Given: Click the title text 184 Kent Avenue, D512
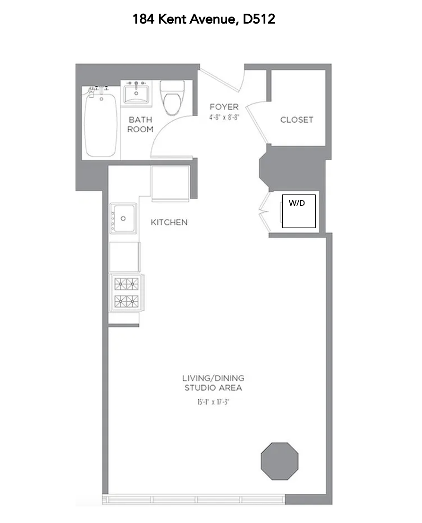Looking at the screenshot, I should (203, 19).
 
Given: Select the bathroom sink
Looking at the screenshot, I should (136, 93).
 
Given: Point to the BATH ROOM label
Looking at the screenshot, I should (140, 125).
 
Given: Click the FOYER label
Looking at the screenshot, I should (224, 107).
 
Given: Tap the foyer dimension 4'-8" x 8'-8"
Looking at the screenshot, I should (224, 117).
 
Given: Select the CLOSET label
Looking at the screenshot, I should (296, 120).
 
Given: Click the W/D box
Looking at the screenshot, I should (299, 211).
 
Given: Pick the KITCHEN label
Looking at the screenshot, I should (169, 222).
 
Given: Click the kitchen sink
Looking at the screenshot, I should (123, 218).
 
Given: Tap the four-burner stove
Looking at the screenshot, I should (126, 292).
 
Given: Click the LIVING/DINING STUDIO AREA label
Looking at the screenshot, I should (213, 383).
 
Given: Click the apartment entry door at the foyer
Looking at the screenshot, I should (220, 81).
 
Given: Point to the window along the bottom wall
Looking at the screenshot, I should (194, 499).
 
